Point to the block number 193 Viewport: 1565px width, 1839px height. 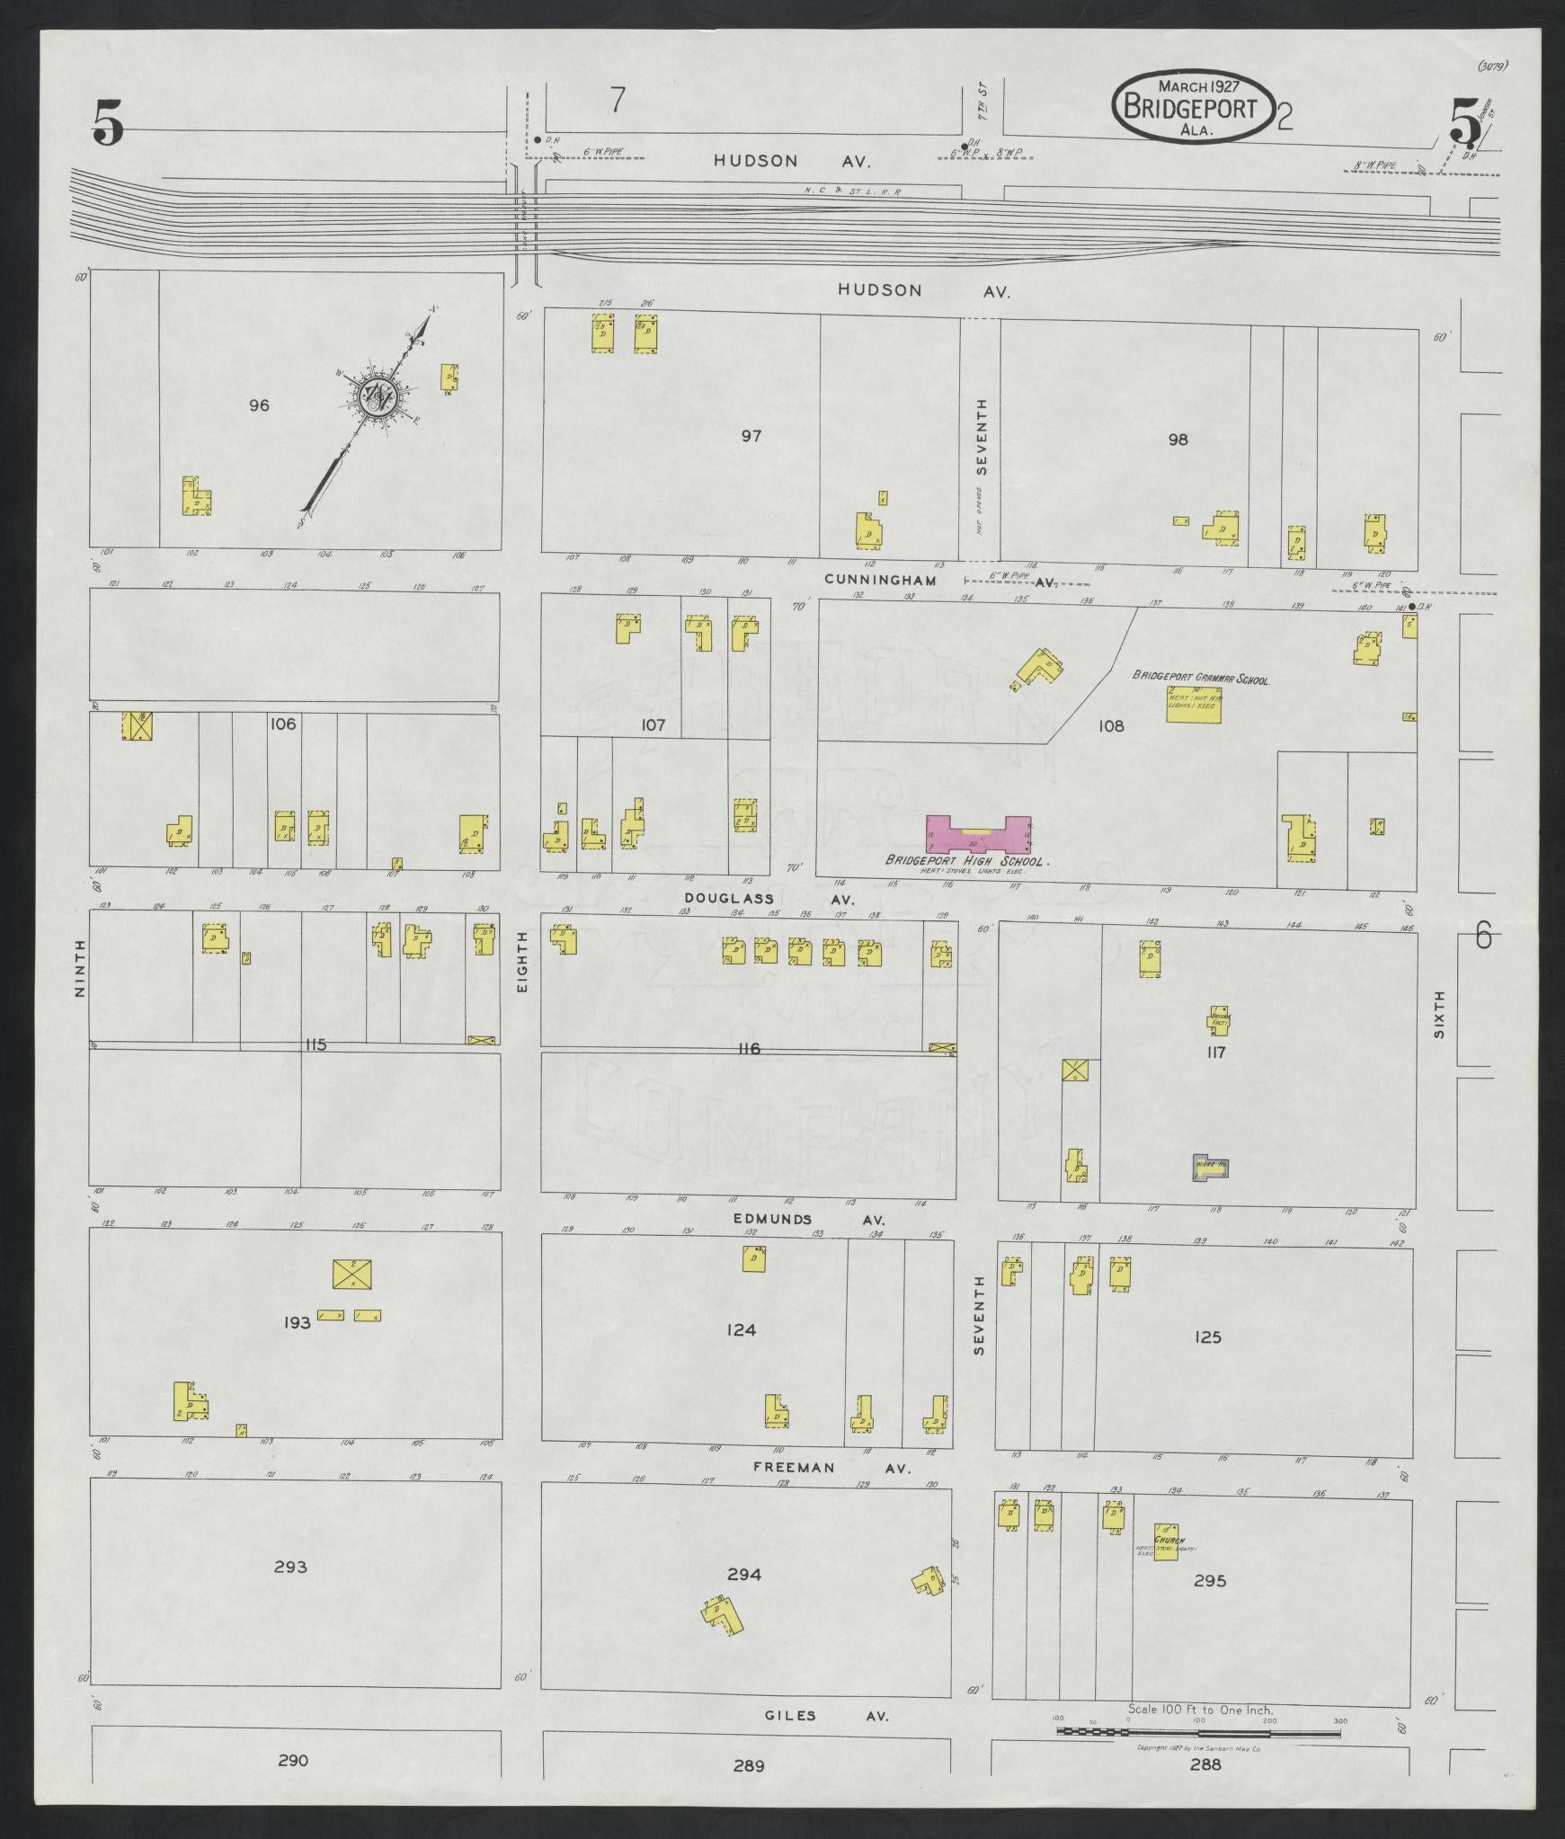click(x=297, y=1322)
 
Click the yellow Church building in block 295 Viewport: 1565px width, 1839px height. click(x=1166, y=1542)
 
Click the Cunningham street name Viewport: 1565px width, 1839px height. click(x=880, y=581)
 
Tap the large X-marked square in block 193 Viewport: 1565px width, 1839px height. click(x=352, y=1275)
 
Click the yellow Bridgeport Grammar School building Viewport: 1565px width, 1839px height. click(x=1191, y=703)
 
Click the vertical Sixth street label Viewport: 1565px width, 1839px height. click(x=1438, y=1015)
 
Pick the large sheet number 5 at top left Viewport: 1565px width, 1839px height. click(x=107, y=123)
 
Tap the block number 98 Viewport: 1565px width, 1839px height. click(x=1178, y=440)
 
